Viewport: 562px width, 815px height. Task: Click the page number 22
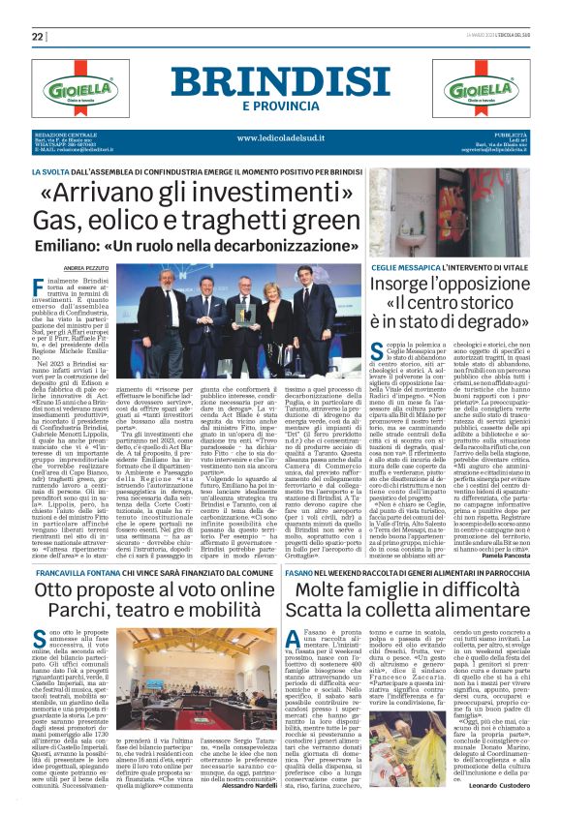click(x=38, y=36)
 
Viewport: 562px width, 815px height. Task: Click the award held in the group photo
click(x=242, y=306)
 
